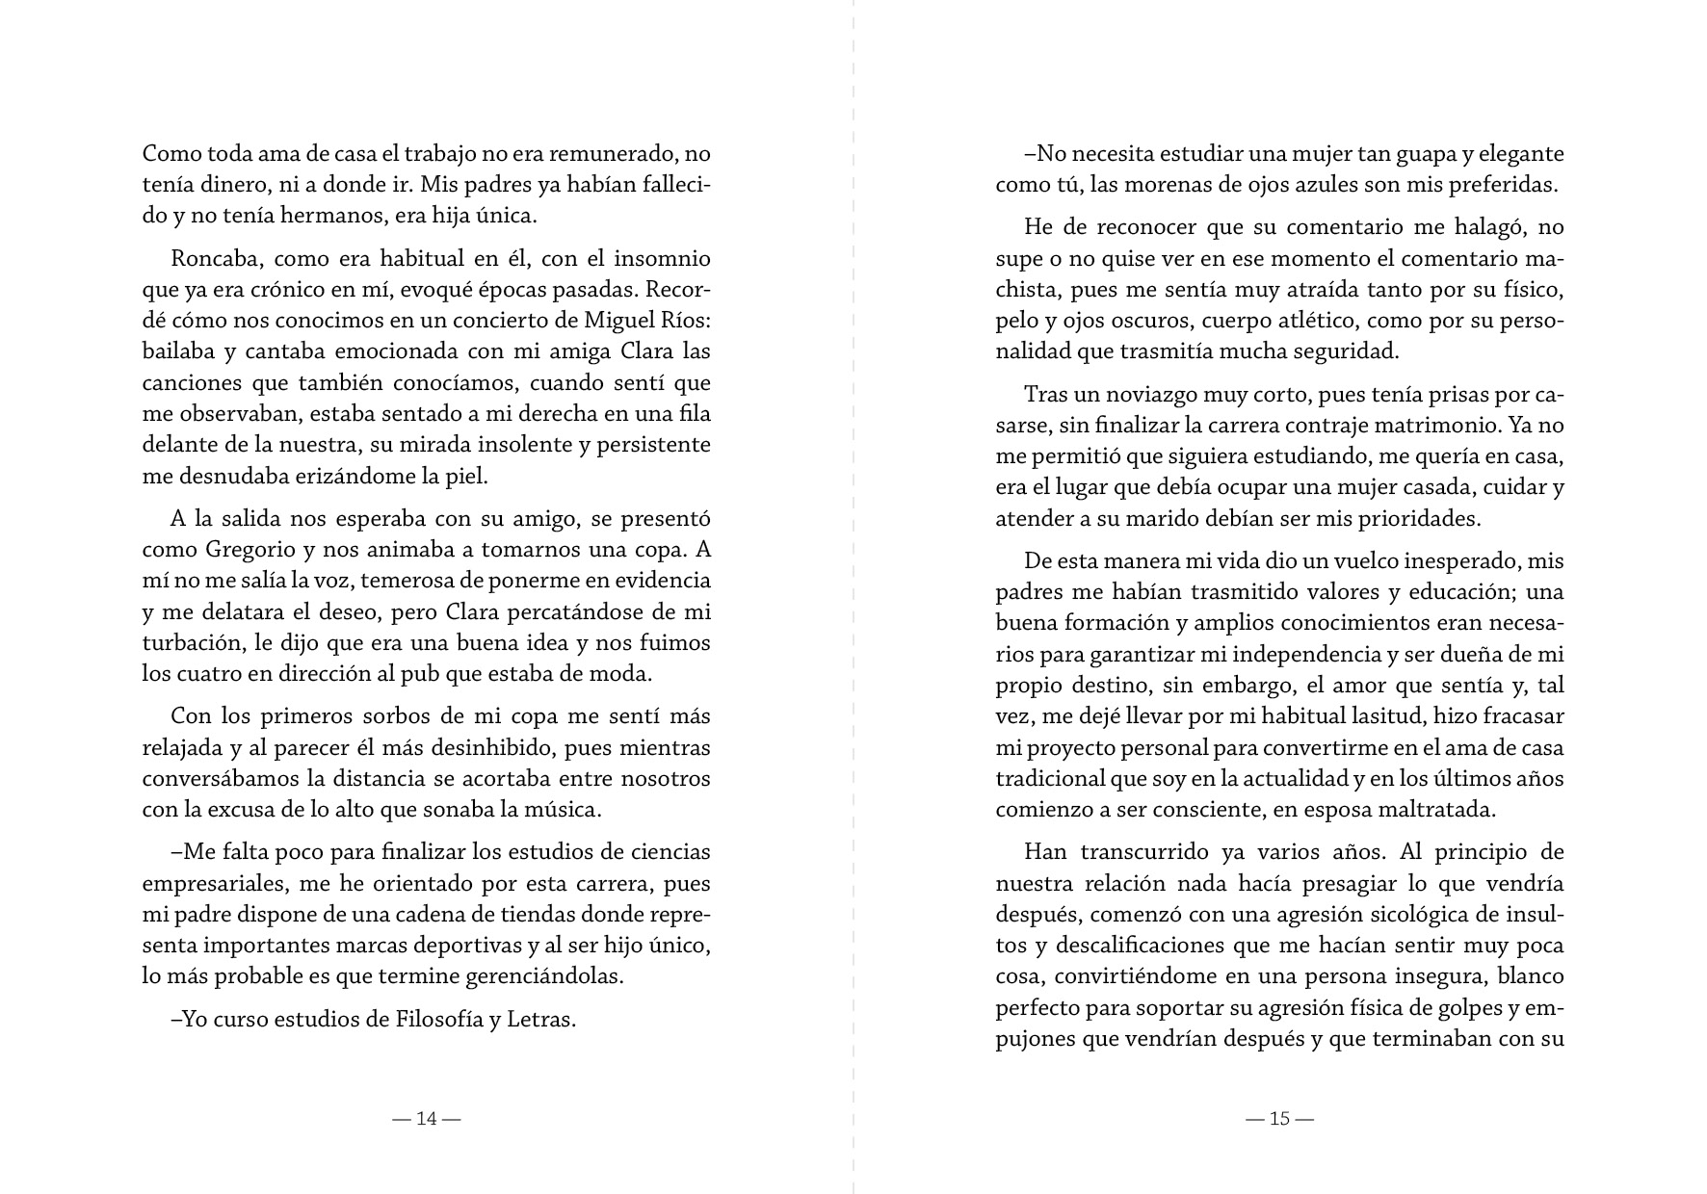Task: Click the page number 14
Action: (427, 1119)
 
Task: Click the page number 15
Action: (1279, 1119)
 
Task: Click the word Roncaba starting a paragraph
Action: (214, 259)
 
